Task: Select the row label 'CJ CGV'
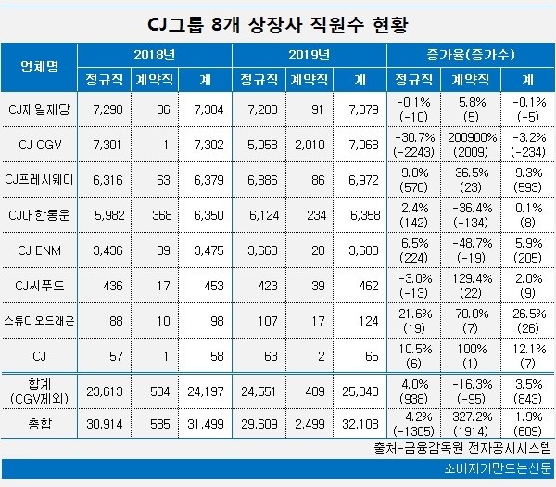point(40,146)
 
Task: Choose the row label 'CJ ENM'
point(40,251)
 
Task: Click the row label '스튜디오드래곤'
point(40,320)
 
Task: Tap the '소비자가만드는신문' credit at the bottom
point(488,469)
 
